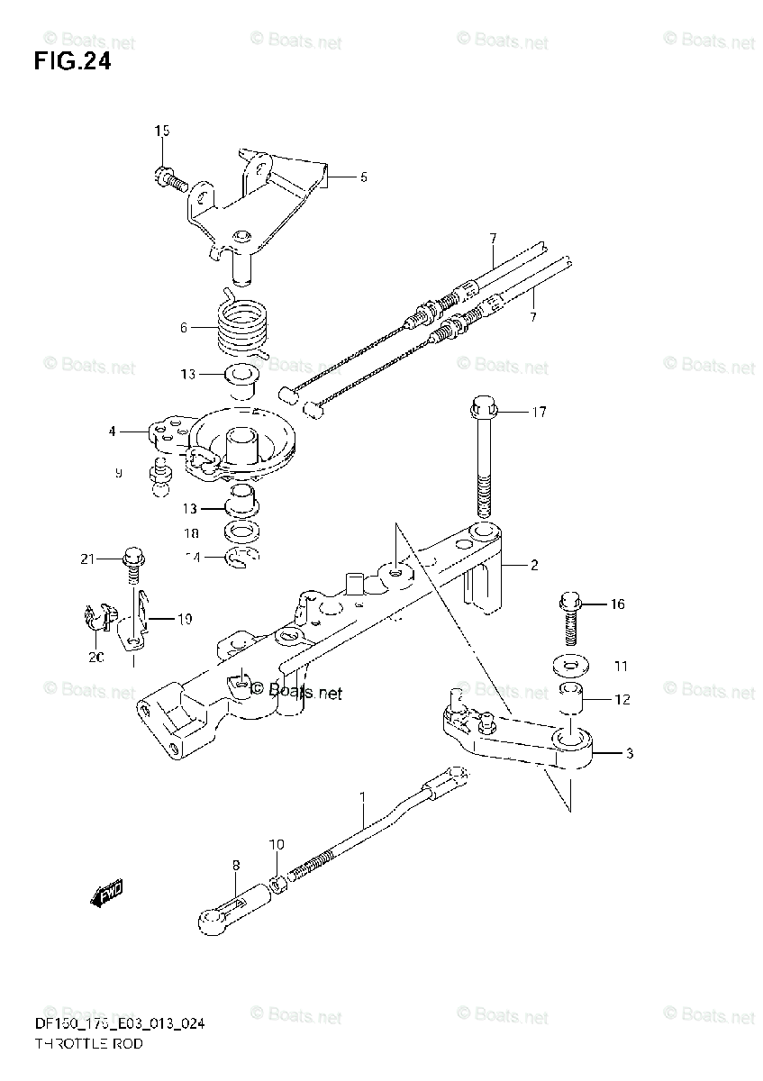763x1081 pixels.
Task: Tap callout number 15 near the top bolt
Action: coord(161,132)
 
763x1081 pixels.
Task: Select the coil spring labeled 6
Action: coord(242,326)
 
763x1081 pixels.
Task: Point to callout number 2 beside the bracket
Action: coord(533,566)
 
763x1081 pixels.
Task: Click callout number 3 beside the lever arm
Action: coord(629,753)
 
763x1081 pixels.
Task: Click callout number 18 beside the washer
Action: coord(193,532)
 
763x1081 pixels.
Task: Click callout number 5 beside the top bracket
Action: coord(363,177)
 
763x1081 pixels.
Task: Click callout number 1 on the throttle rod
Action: coord(363,797)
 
